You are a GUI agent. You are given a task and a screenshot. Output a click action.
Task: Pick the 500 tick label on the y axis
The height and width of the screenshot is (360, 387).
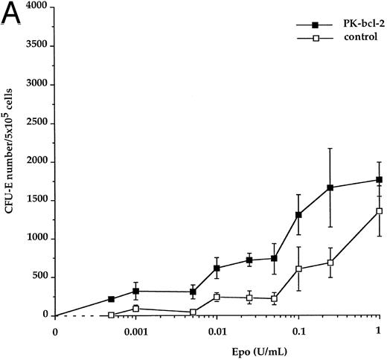(42, 277)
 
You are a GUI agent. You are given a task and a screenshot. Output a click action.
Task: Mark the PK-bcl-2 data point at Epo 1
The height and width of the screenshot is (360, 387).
(379, 179)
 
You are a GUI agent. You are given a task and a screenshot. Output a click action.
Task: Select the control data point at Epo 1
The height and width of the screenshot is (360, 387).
(379, 210)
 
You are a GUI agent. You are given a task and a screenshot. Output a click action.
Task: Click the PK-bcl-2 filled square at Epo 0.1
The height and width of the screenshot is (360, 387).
(298, 215)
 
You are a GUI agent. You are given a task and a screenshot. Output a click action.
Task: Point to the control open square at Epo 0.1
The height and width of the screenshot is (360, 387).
(298, 269)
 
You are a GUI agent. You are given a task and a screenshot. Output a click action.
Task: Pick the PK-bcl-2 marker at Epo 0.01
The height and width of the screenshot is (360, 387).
(217, 268)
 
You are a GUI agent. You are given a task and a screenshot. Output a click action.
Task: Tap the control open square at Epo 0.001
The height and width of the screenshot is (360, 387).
(135, 308)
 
